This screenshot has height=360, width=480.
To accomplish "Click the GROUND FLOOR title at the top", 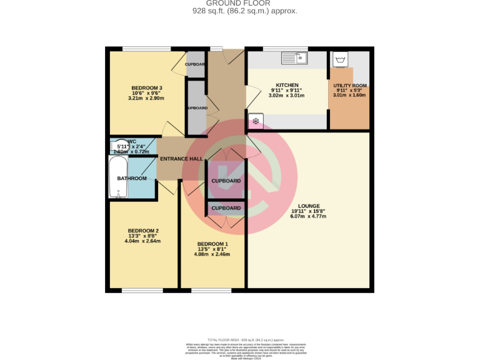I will point(239,3).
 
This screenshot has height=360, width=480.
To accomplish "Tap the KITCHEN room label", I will point(287,85).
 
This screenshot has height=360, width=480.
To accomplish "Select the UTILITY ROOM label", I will point(349,85).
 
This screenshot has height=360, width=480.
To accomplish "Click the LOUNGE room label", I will point(309,206).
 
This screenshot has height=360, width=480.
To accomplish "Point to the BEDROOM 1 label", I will point(212,244).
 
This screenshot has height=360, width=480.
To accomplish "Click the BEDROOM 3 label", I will point(147,87).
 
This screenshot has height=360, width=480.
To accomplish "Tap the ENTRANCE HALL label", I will point(181,159).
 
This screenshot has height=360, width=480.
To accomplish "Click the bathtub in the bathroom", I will point(117,177).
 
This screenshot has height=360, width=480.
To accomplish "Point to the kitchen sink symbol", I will point(292,58).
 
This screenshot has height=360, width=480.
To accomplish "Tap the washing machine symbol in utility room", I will point(341,60).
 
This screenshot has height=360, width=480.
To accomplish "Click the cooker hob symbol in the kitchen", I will point(255,122).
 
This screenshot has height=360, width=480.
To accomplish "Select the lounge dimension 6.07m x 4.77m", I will point(309,216).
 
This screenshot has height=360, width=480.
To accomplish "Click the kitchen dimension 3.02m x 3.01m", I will point(287,96).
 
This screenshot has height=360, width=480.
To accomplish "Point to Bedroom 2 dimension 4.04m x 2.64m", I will point(142,241).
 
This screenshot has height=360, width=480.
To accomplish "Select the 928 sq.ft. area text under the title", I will point(239,11).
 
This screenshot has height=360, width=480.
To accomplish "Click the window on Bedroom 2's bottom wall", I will point(142,290).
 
